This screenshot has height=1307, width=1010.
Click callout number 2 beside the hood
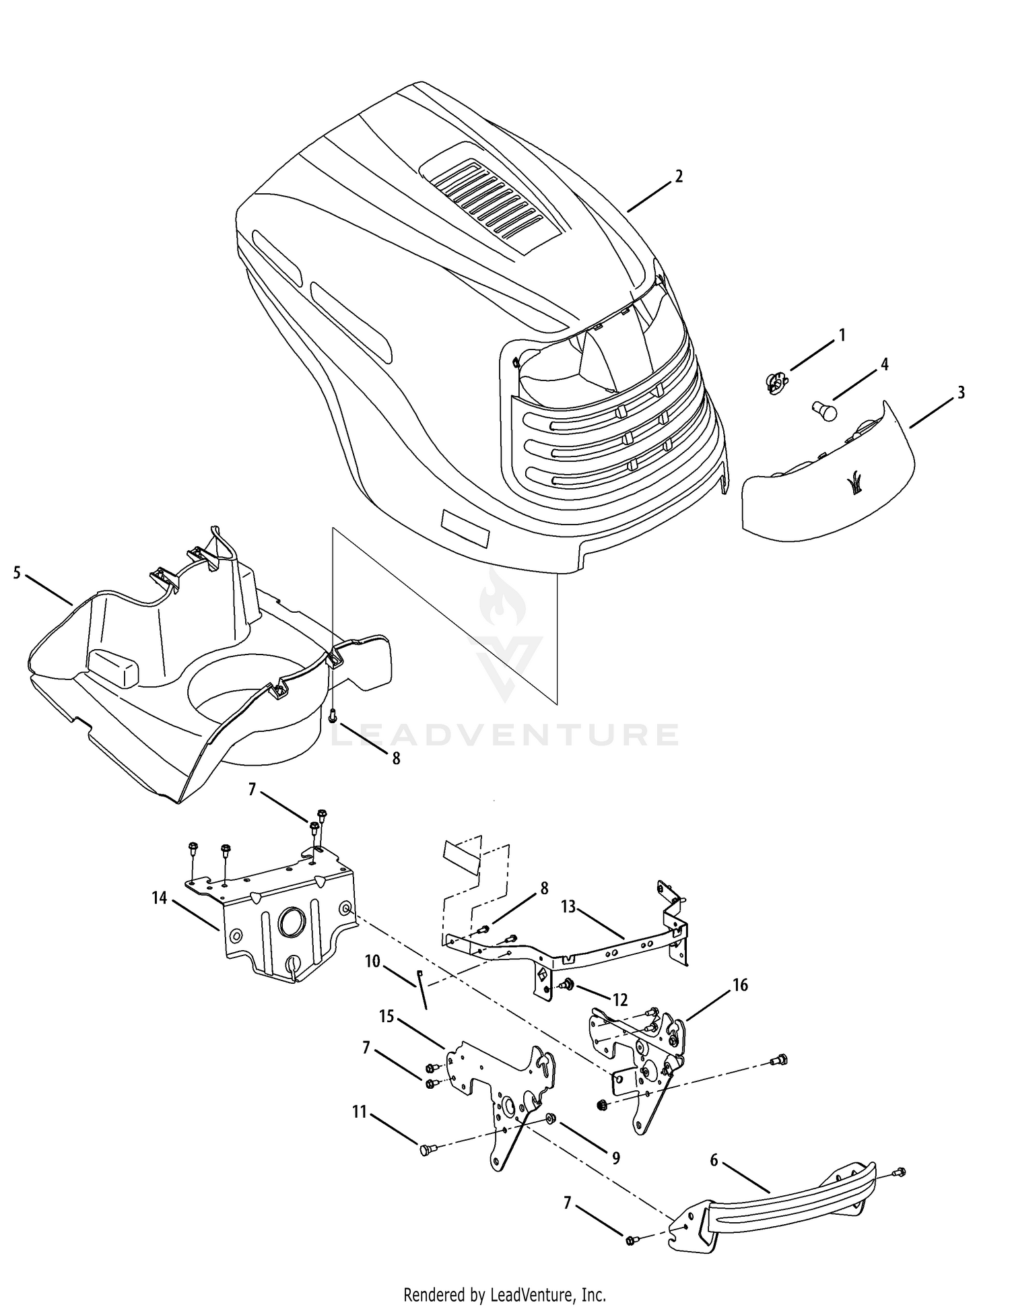(x=679, y=176)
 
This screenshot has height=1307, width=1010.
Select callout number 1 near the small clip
(x=841, y=335)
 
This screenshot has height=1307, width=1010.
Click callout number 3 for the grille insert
(x=961, y=392)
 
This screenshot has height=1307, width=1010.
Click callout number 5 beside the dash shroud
(x=17, y=573)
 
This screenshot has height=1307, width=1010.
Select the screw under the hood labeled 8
(x=333, y=718)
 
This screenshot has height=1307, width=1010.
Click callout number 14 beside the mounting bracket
(x=159, y=898)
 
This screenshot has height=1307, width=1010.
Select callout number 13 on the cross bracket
(x=568, y=906)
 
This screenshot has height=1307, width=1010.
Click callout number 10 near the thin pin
(x=373, y=960)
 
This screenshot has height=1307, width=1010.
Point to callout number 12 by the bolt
(x=619, y=1000)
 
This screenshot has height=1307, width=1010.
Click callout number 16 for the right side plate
(x=740, y=985)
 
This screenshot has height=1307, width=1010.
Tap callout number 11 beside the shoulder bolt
(x=359, y=1112)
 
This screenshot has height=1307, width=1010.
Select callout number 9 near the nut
(x=615, y=1158)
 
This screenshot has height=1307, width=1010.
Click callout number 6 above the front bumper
(x=714, y=1160)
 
